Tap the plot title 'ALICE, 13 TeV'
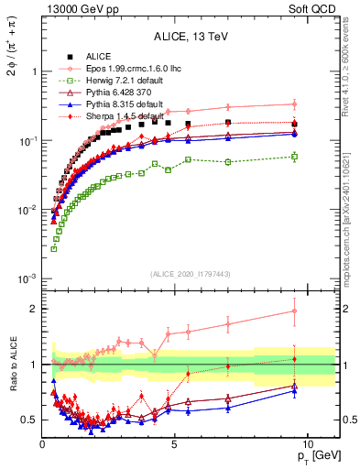pos(191,37)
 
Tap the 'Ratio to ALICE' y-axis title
pos(12,378)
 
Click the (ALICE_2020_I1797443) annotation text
pos(191,273)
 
